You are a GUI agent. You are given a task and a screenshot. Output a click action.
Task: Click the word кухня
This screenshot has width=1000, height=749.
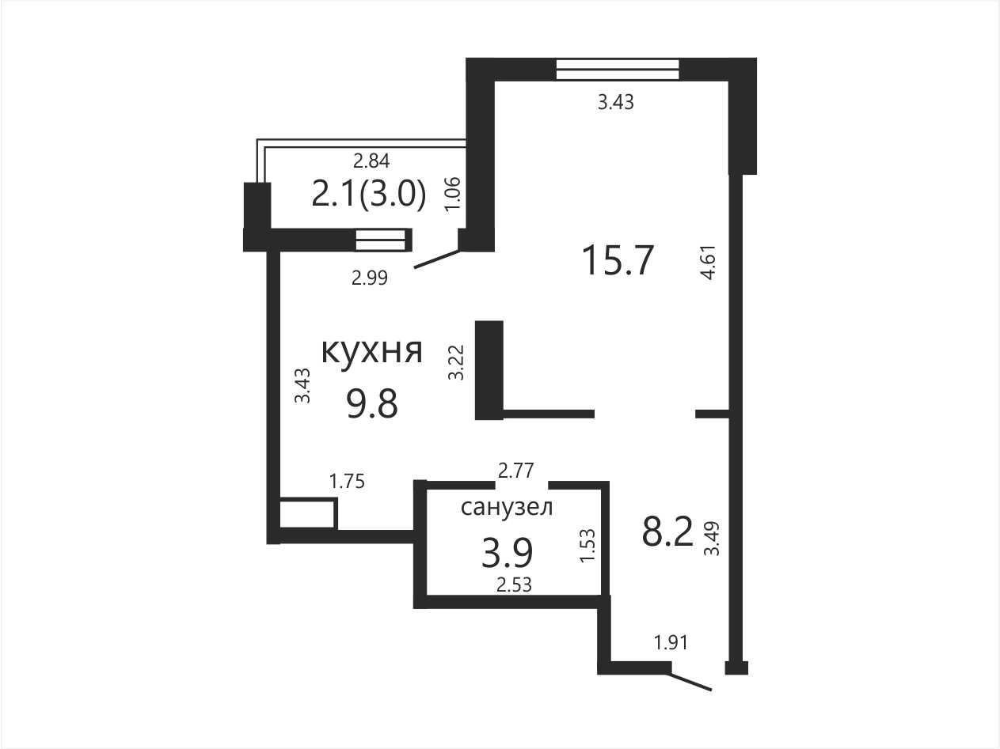(x=372, y=352)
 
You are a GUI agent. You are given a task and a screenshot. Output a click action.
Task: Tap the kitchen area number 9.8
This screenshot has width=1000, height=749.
(x=372, y=404)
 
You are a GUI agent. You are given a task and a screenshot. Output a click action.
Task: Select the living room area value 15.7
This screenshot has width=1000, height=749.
(x=618, y=260)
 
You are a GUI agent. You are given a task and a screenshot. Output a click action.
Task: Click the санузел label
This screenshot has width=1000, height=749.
(x=507, y=507)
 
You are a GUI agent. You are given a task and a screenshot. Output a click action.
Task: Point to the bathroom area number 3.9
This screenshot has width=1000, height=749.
(x=507, y=553)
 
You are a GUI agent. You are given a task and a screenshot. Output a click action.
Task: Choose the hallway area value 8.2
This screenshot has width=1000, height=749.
(x=667, y=531)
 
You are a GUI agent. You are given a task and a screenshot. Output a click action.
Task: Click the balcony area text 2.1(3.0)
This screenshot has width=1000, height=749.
(x=369, y=194)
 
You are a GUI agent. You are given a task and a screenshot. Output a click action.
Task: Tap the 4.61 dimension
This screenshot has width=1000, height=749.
(x=709, y=263)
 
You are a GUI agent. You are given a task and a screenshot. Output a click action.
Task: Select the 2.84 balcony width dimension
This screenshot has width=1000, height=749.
(x=372, y=161)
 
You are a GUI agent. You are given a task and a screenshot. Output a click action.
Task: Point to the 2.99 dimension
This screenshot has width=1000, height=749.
(x=370, y=278)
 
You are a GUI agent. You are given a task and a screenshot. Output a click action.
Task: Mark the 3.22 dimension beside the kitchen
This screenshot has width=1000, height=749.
(x=456, y=363)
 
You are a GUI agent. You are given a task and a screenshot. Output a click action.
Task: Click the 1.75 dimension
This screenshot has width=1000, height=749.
(x=347, y=482)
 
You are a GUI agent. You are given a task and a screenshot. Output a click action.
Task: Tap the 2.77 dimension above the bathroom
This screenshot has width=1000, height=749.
(x=515, y=471)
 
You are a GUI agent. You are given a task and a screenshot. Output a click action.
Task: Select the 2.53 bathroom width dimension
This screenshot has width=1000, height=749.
(x=515, y=585)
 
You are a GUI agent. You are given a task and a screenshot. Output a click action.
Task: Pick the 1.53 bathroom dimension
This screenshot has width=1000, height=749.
(x=587, y=546)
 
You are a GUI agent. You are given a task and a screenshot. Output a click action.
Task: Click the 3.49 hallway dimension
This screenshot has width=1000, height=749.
(x=712, y=539)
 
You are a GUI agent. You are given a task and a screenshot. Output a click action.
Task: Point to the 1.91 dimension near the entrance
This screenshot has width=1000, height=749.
(x=671, y=642)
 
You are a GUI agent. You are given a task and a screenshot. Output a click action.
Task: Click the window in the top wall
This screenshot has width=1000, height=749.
(x=618, y=69)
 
